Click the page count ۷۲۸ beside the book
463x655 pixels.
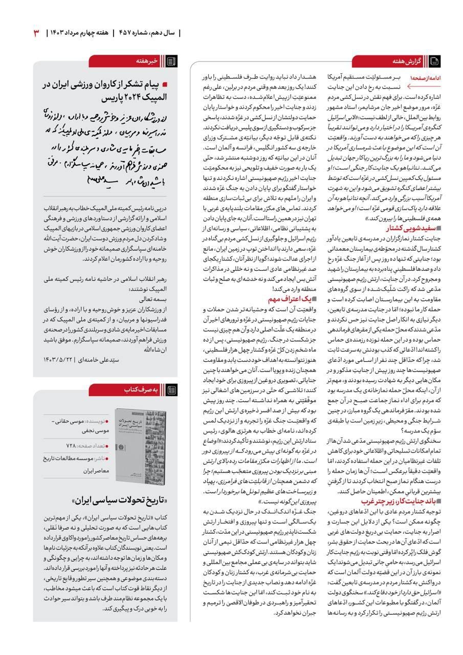[x=72, y=445]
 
